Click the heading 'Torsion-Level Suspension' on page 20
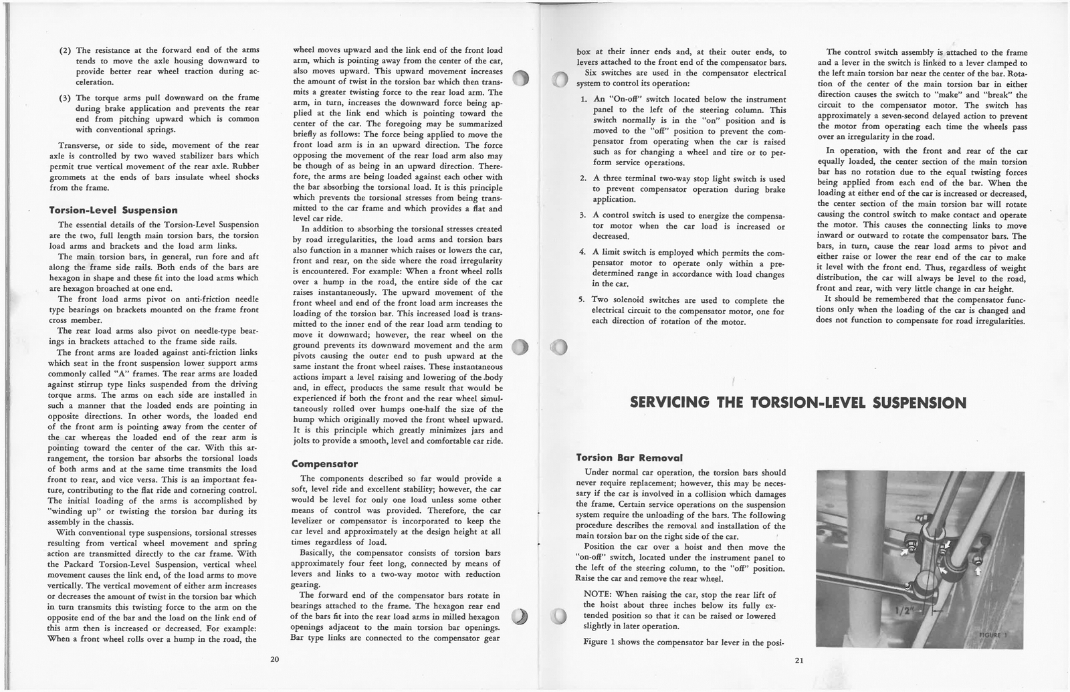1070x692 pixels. pos(114,211)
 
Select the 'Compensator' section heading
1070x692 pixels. pos(325,463)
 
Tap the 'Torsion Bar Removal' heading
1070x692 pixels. pos(629,458)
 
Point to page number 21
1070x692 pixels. pos(799,661)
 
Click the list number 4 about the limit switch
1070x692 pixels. pos(582,253)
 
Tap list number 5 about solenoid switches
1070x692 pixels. pos(582,300)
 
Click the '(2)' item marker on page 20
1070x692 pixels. pos(66,51)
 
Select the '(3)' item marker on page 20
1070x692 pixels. pos(66,98)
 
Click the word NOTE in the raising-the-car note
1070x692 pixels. pos(595,595)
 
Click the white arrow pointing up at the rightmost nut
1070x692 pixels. pos(978,572)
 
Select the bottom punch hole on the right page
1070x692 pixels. pos(561,616)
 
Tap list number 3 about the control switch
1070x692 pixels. pos(582,216)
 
